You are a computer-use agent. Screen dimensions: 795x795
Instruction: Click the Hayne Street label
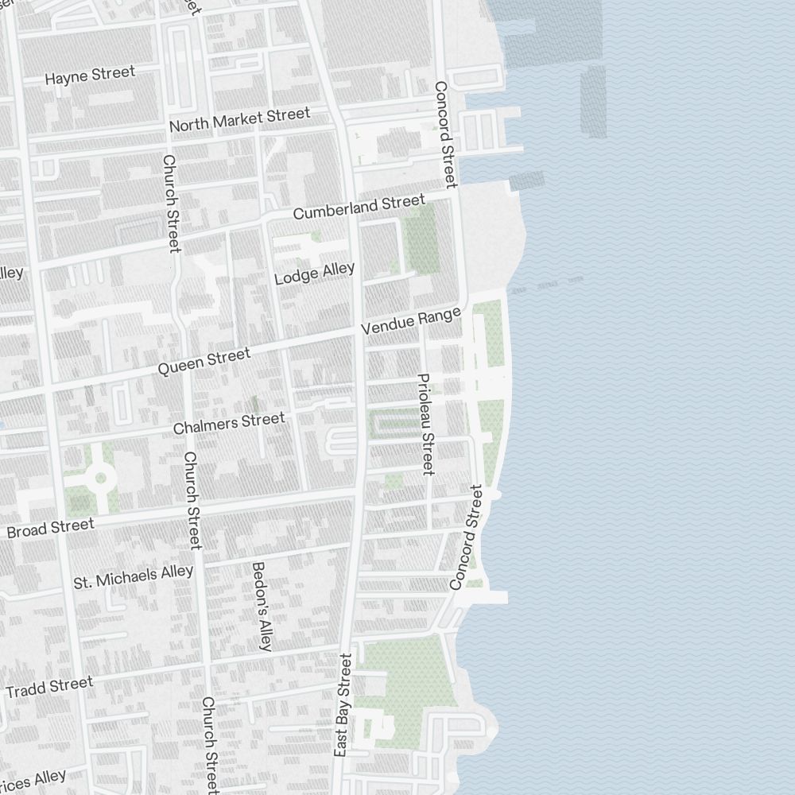tap(90, 76)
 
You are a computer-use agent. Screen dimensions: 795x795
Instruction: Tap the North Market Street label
tap(239, 120)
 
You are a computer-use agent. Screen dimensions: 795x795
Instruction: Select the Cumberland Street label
tap(359, 208)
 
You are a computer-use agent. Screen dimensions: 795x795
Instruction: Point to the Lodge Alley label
tap(314, 273)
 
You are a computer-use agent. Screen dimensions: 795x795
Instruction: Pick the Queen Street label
tap(204, 362)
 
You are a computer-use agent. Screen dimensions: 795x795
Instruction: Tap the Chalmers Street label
tap(229, 423)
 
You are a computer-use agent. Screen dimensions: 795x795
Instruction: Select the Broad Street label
tap(50, 528)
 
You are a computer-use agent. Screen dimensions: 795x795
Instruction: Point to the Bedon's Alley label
tap(262, 606)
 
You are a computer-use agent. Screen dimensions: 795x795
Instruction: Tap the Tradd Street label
tap(49, 687)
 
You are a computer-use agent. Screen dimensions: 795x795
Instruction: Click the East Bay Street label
tap(343, 704)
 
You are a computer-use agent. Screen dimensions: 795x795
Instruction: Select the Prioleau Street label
tap(425, 424)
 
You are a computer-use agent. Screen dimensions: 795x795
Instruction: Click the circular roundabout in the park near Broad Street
tap(101, 478)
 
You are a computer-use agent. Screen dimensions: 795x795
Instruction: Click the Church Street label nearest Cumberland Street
tap(172, 203)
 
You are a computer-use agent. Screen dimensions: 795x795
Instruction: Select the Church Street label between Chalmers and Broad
tap(192, 500)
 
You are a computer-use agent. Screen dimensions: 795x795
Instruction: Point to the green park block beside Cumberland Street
tap(421, 238)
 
